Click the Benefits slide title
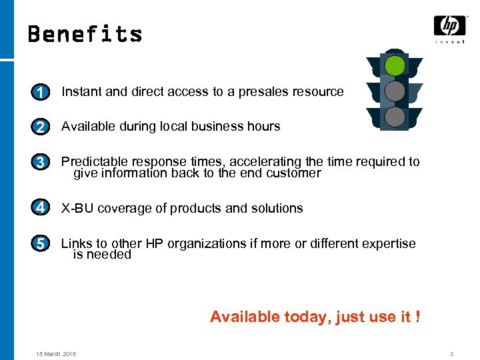pyautogui.click(x=85, y=34)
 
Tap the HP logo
pyautogui.click(x=449, y=27)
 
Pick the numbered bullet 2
pyautogui.click(x=41, y=127)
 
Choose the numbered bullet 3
pyautogui.click(x=41, y=162)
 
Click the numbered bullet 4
pyautogui.click(x=41, y=208)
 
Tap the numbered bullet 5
pyautogui.click(x=41, y=244)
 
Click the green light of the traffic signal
pyautogui.click(x=395, y=66)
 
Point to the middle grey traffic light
pyautogui.click(x=395, y=91)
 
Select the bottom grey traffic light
pyautogui.click(x=395, y=117)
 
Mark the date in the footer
pyautogui.click(x=56, y=353)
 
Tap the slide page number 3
pyautogui.click(x=451, y=353)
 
